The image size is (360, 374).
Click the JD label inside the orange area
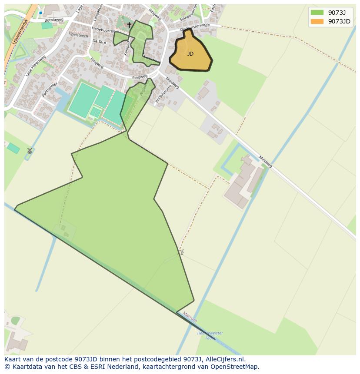point(190,54)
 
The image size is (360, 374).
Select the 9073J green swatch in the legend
point(317,12)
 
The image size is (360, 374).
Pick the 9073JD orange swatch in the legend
point(317,21)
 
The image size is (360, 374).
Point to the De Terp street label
point(99,42)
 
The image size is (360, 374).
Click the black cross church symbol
point(129,25)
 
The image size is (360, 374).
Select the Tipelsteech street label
point(78,35)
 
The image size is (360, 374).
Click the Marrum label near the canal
point(190,317)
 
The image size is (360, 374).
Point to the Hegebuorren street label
point(103,30)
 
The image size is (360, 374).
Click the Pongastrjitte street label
point(163,93)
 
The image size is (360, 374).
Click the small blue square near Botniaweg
point(40,13)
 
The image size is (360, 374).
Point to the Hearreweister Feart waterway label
point(210,335)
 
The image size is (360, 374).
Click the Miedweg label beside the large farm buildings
point(265,162)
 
